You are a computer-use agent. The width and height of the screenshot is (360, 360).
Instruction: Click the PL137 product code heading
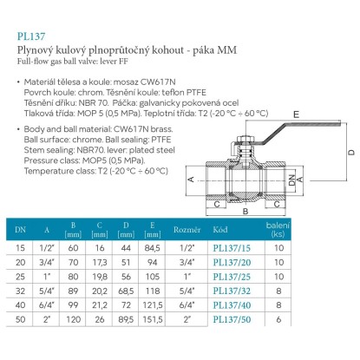point(31,36)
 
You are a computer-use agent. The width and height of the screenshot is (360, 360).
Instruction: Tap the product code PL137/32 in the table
point(232,291)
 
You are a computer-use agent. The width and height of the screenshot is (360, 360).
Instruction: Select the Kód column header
point(220,230)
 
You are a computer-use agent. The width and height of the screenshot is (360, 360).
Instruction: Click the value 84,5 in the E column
point(152,248)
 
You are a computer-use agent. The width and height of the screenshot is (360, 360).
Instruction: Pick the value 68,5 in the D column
point(126,291)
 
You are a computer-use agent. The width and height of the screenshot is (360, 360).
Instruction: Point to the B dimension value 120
point(73,319)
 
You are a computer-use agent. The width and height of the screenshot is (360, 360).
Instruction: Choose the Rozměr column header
point(187,230)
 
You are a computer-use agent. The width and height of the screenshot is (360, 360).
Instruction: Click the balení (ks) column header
point(278,230)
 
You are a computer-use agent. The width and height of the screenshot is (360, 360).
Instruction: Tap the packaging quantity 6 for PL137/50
point(278,319)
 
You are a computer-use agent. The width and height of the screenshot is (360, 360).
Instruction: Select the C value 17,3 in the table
point(100,262)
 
